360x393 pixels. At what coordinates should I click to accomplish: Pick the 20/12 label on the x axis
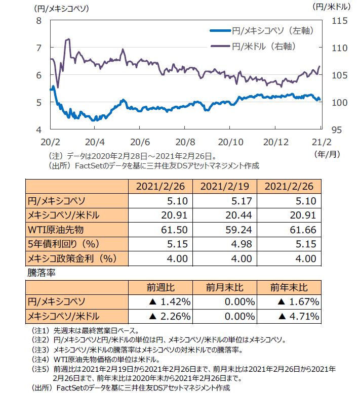[x=276, y=140]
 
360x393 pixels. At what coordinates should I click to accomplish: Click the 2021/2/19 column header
[x=224, y=185]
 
